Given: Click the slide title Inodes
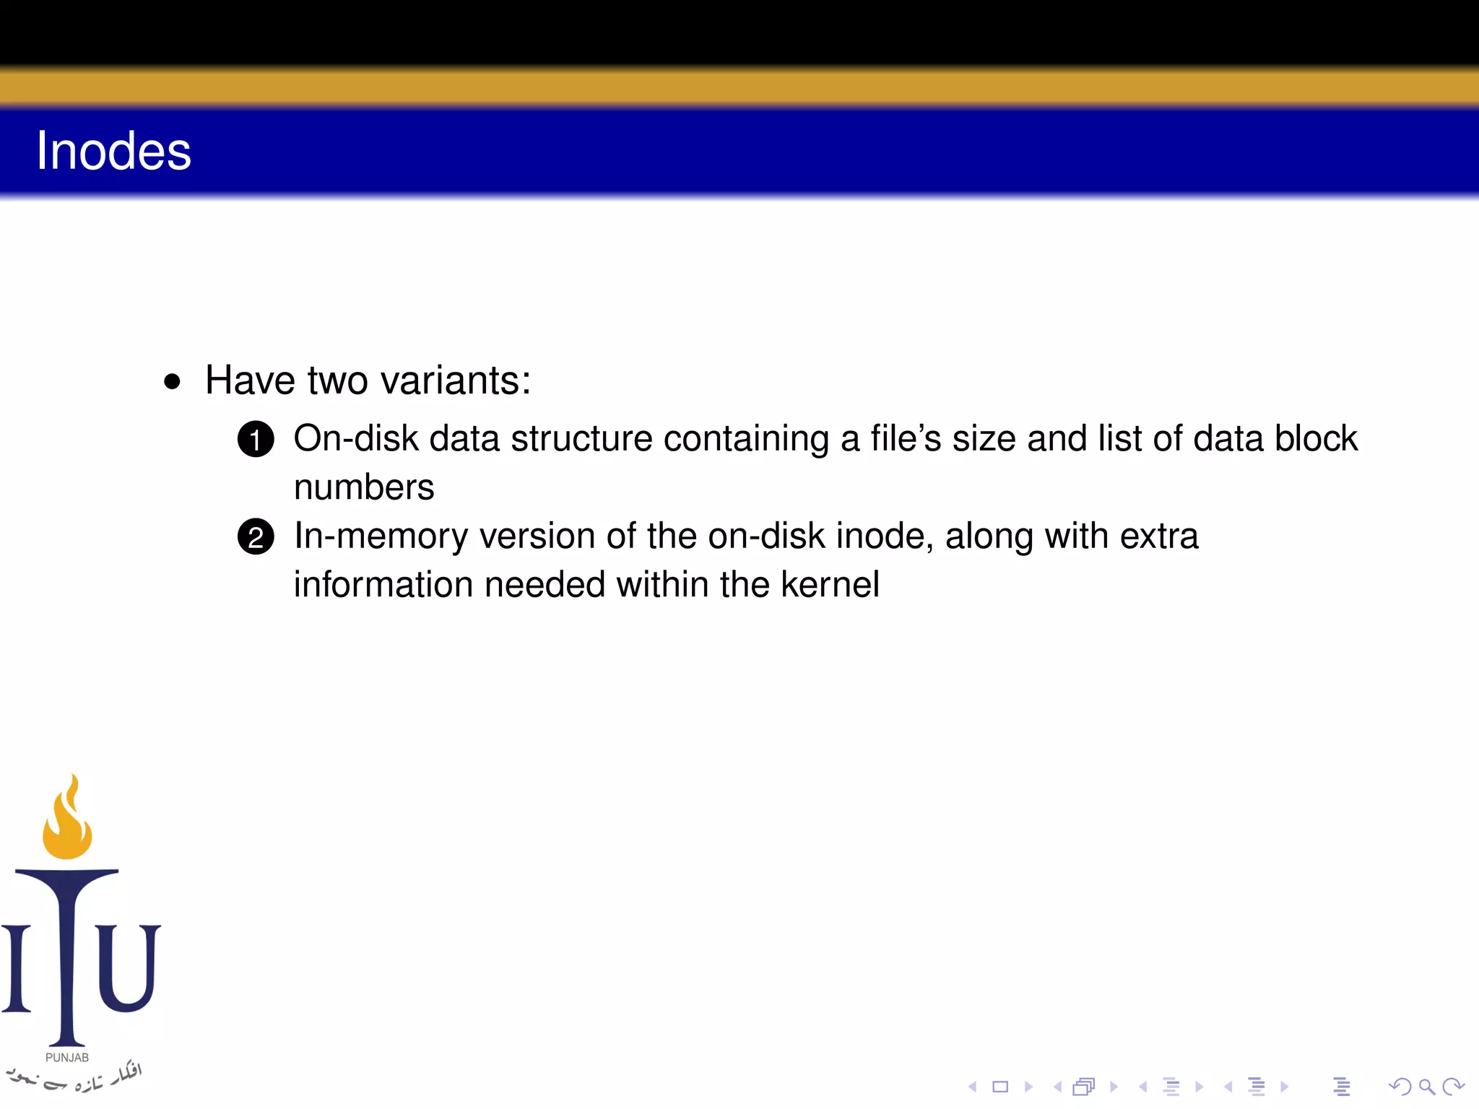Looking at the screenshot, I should [113, 151].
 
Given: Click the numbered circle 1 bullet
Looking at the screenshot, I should [256, 439].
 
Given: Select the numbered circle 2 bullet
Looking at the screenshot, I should [256, 537].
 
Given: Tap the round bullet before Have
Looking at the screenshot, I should [172, 381].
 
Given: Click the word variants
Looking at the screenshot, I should [455, 380].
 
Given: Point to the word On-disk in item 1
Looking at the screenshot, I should [356, 438].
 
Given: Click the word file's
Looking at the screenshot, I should [906, 438].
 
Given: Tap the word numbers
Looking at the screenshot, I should [364, 487].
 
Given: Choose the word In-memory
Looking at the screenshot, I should [381, 536].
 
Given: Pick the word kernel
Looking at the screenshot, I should [830, 584].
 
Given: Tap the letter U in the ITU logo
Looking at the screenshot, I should [128, 967].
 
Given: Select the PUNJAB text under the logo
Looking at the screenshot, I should [67, 1058].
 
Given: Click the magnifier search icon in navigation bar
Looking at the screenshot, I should [1426, 1087].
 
